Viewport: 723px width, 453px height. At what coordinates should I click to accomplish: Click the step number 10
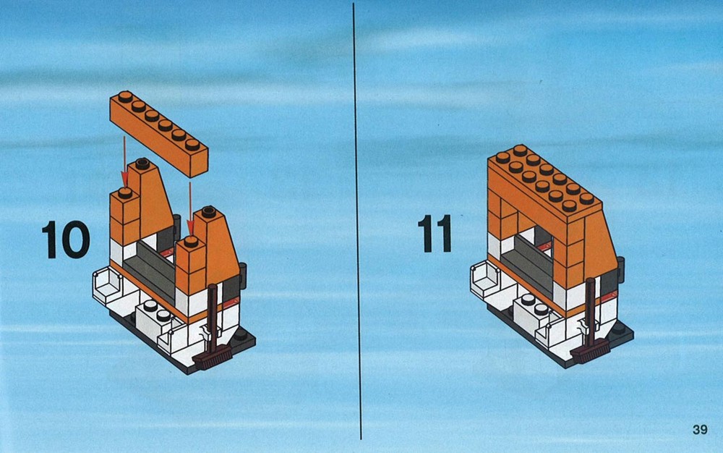coord(66,239)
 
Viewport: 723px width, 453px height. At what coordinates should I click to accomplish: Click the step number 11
coord(435,234)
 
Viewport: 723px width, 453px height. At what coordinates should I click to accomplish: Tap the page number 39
coord(700,429)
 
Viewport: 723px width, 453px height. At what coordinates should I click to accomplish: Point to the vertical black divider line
coord(357,221)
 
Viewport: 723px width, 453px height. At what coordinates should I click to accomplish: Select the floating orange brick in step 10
coord(159,134)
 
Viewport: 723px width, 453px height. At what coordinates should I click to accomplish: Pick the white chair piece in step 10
coord(107,287)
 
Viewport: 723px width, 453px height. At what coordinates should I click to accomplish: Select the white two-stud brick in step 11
coord(533,310)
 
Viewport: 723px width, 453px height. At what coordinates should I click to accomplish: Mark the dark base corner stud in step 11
coord(618,329)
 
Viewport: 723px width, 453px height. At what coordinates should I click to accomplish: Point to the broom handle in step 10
coord(213,319)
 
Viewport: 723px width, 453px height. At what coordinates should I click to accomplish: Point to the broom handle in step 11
coord(590,313)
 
